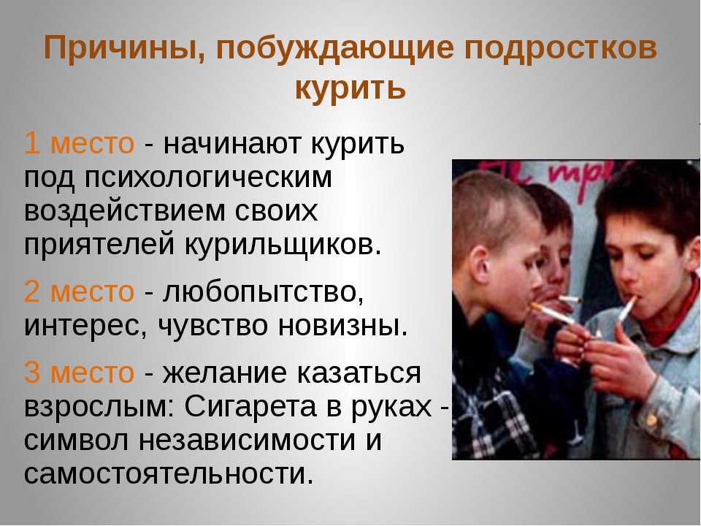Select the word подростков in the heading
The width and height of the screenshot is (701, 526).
tap(561, 48)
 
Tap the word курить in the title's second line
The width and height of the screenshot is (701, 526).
tap(350, 87)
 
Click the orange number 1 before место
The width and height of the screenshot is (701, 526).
tap(31, 143)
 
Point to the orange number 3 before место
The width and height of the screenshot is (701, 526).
tap(32, 372)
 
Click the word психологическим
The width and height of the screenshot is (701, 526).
tap(209, 178)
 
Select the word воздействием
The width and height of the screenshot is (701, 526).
tap(125, 210)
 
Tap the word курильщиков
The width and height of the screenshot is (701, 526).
tap(283, 244)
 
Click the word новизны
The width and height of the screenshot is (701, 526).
tap(343, 326)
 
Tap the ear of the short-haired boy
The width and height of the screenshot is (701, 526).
tap(480, 266)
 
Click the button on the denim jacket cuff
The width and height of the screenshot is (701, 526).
tap(651, 420)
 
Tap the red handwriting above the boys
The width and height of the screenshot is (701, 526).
tap(559, 177)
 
